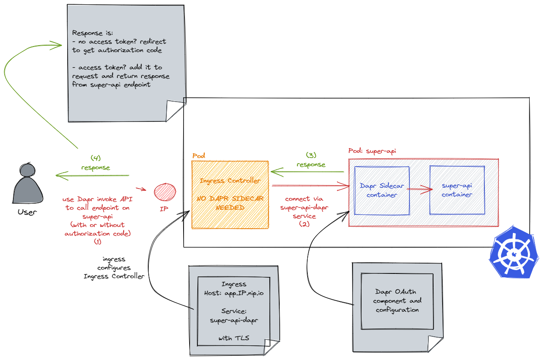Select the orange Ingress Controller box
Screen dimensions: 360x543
[230, 195]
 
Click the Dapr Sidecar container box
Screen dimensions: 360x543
[381, 190]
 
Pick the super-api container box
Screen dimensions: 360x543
[456, 190]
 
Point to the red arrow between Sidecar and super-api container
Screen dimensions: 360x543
[419, 188]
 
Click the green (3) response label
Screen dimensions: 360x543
[311, 160]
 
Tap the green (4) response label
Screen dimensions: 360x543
[95, 162]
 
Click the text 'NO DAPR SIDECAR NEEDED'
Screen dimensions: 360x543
[230, 203]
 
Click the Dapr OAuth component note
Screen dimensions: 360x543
[397, 301]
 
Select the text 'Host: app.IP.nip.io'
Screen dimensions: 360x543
[234, 293]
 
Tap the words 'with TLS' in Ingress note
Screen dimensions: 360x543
[234, 338]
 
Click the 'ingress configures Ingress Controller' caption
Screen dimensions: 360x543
[114, 267]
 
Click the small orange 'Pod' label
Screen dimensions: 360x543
[199, 155]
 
